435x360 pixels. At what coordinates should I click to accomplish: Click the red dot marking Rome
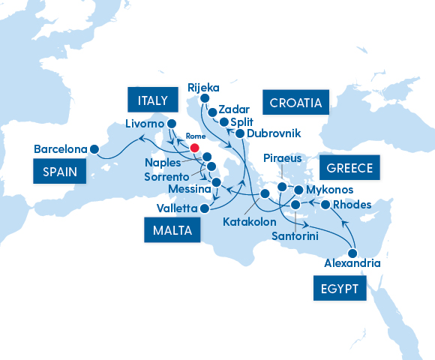(x=196, y=148)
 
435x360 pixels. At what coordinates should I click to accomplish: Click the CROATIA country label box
(x=296, y=102)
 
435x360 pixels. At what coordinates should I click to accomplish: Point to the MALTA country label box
(x=169, y=230)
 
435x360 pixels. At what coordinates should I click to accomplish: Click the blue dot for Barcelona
(x=94, y=148)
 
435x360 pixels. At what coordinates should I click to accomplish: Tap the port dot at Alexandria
(x=352, y=253)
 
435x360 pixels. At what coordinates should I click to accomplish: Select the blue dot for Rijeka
(x=199, y=97)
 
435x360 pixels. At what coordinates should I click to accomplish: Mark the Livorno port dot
(x=171, y=124)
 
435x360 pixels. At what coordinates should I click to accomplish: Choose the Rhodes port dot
(x=325, y=205)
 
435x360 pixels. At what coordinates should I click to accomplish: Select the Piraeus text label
(x=282, y=158)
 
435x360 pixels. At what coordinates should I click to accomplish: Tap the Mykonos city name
(x=329, y=190)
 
